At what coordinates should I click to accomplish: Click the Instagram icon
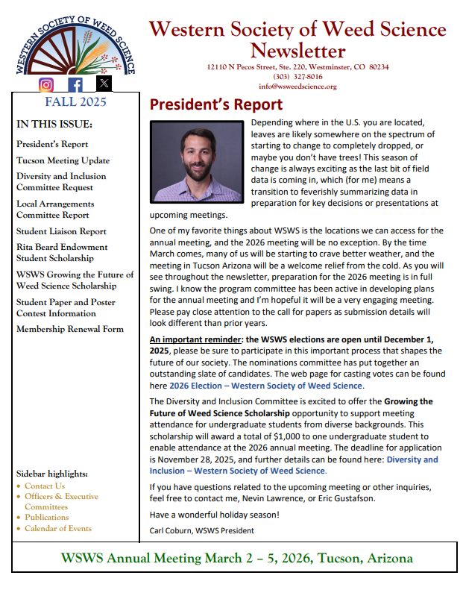point(47,84)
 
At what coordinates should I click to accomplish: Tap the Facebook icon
point(75,84)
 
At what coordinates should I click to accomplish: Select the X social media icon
point(104,84)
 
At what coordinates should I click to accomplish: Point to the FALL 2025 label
point(75,102)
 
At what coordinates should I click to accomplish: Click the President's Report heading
point(216,104)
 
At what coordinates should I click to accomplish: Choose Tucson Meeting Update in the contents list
point(63,160)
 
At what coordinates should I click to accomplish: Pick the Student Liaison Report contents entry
point(61,231)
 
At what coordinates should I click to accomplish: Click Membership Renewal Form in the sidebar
point(70,329)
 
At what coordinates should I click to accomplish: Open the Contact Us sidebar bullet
point(44,486)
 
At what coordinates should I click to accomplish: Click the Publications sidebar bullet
point(46,517)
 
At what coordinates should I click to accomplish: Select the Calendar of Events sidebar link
point(57,528)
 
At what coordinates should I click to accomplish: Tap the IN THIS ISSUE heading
point(54,124)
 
